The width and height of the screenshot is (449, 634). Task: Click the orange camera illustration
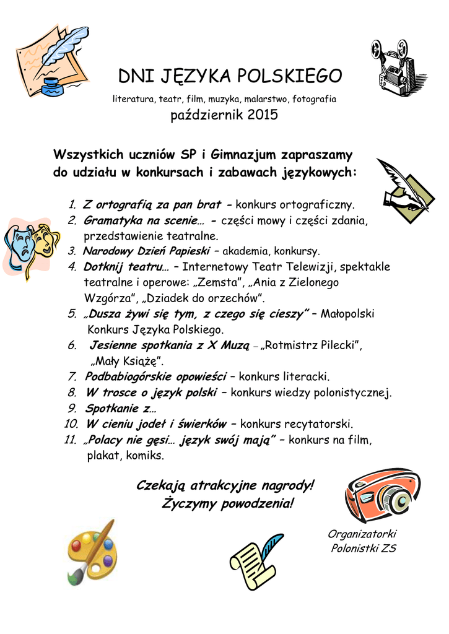point(383,495)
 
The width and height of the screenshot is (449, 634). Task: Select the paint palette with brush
point(92,552)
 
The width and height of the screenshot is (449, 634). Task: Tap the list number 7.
point(72,376)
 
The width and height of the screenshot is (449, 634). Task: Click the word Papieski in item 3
point(186,251)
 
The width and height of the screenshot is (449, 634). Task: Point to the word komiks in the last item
point(146,456)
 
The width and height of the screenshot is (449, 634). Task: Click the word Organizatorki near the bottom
point(362,534)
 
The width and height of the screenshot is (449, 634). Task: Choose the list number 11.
point(70,440)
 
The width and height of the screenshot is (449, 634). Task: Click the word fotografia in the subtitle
point(314,99)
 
